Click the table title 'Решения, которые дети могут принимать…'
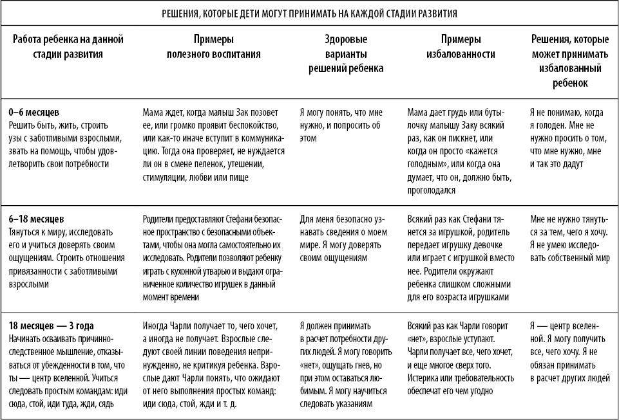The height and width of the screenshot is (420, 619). pos(309,12)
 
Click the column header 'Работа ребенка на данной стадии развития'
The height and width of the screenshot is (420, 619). pos(68,47)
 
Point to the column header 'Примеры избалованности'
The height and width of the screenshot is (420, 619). pos(461,47)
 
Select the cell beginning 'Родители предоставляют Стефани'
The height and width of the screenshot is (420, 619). pos(213,255)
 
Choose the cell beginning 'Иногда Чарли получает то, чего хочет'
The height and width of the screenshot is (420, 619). pos(213,363)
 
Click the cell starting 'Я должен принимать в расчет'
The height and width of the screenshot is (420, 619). pos(345,363)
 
